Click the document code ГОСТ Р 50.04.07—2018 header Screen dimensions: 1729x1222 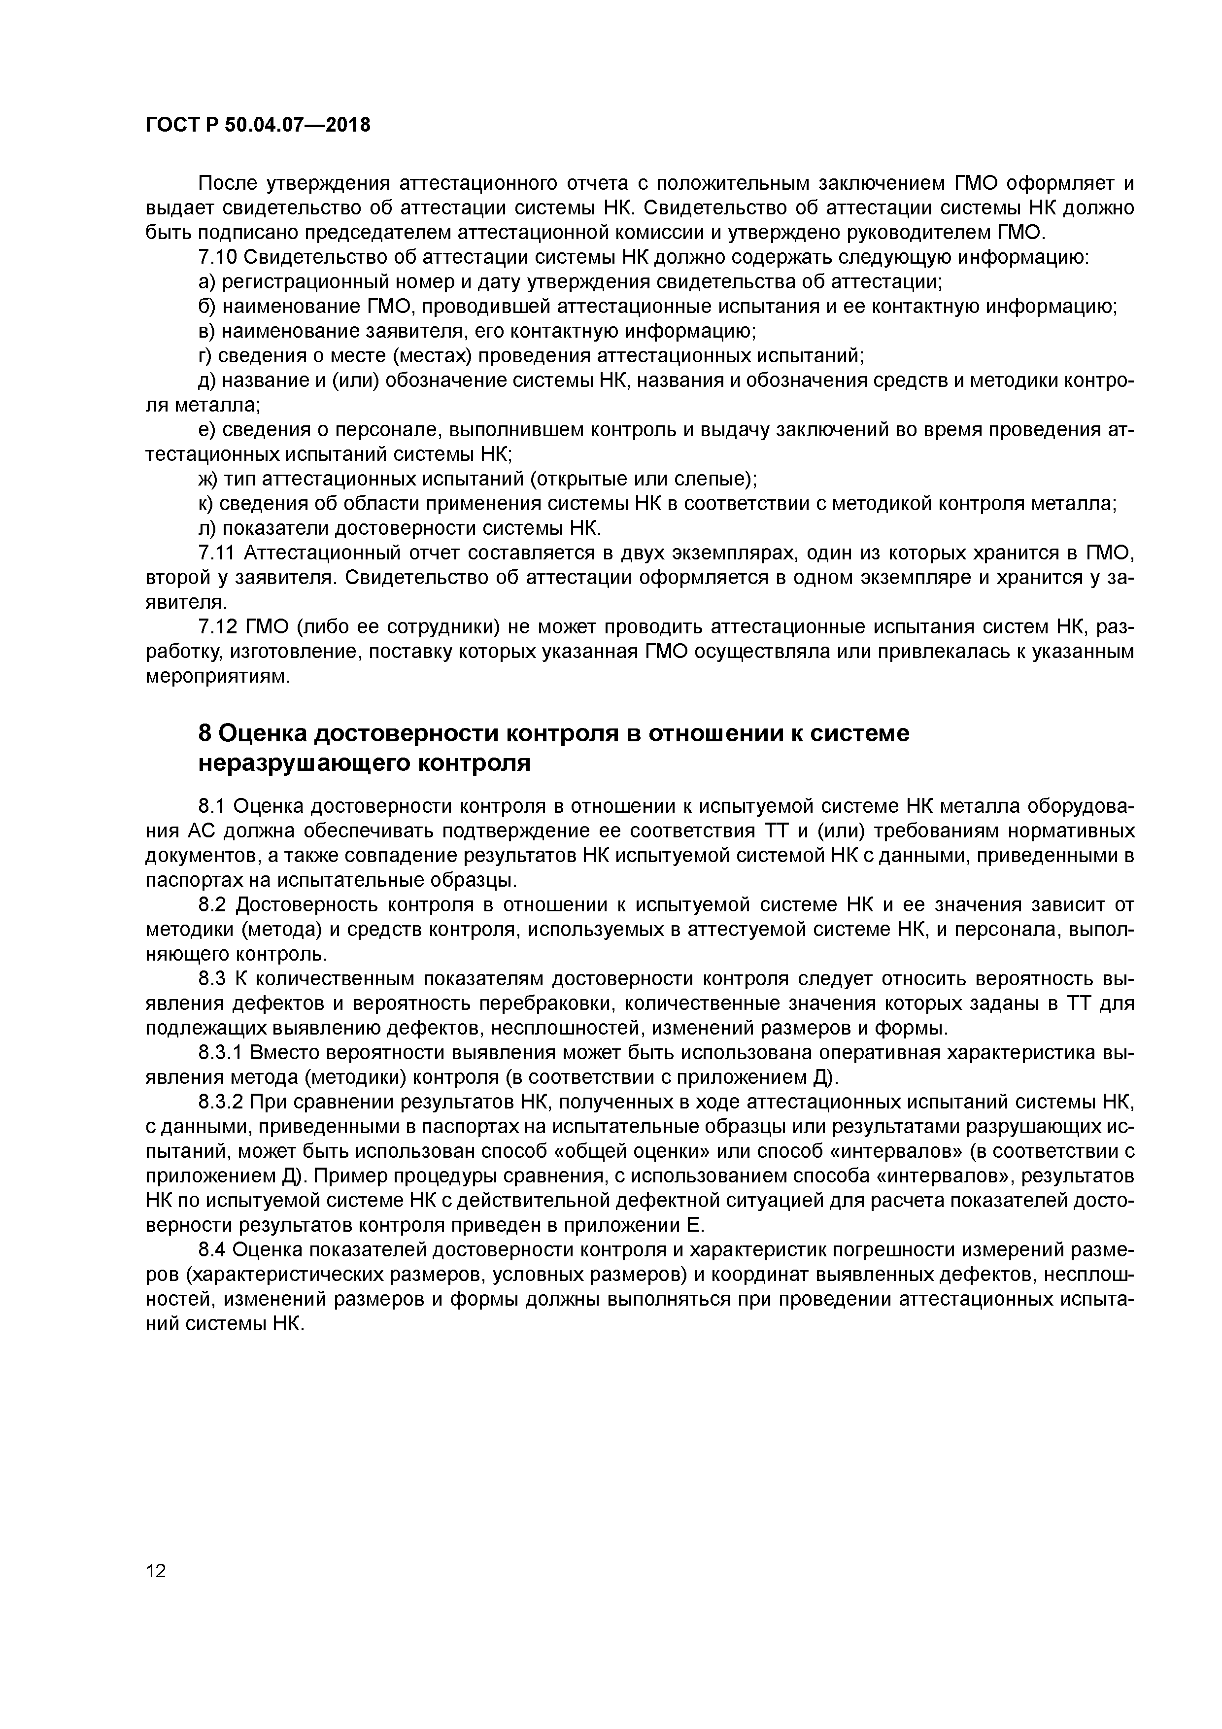point(258,125)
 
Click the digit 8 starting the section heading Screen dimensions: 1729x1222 point(204,733)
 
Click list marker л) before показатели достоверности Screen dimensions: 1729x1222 point(206,529)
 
